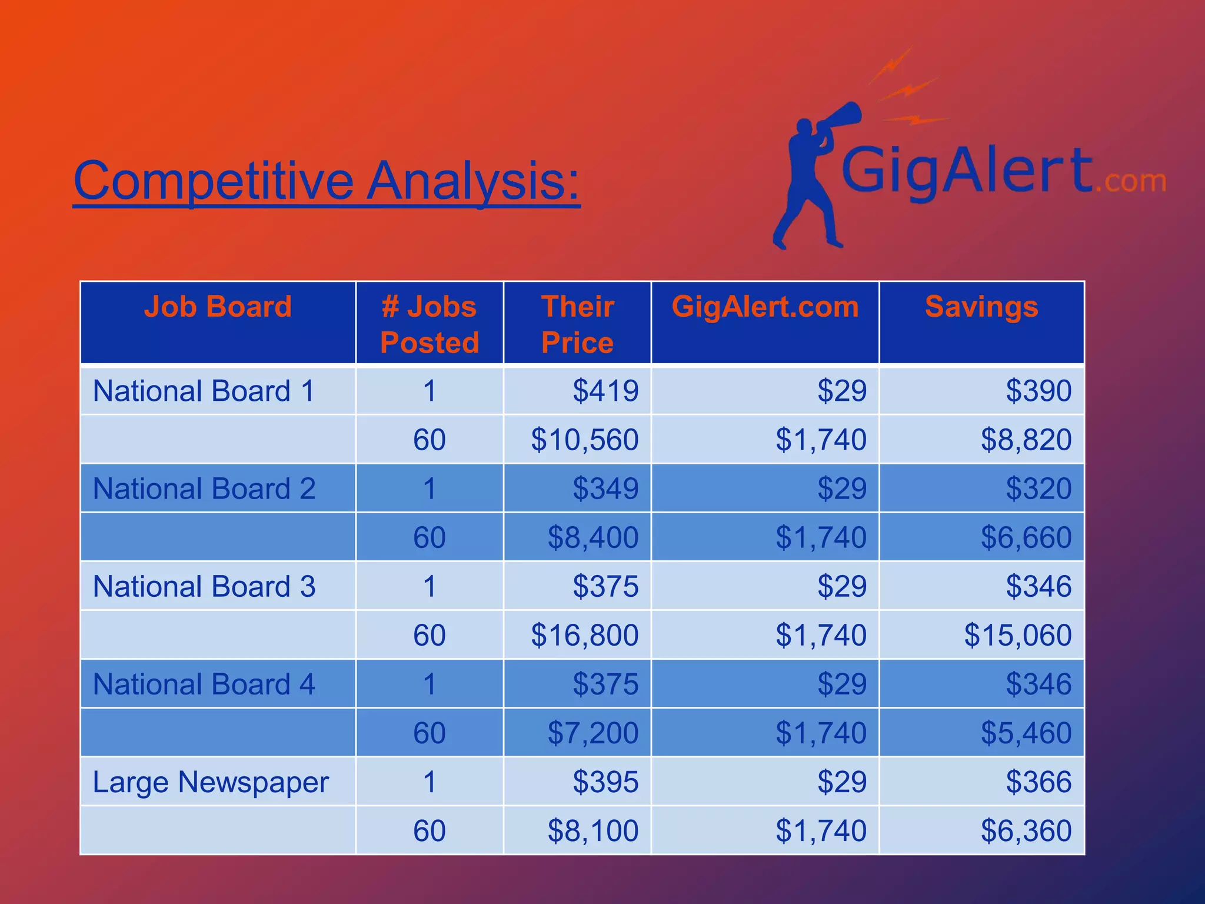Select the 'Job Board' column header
click(x=218, y=307)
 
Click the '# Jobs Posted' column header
click(x=430, y=324)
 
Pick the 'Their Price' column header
click(x=577, y=324)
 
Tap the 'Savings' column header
click(x=981, y=307)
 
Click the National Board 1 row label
click(x=204, y=391)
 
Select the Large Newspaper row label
click(x=211, y=782)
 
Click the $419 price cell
click(x=605, y=391)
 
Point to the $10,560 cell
click(x=584, y=440)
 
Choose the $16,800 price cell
click(x=584, y=635)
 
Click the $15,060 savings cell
click(x=1017, y=635)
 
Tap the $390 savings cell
click(x=1038, y=391)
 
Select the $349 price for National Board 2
click(x=605, y=488)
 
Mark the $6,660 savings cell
click(x=1026, y=537)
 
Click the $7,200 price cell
click(x=592, y=733)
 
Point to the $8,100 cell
click(x=592, y=830)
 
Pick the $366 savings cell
click(x=1038, y=782)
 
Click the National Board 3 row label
click(x=204, y=586)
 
